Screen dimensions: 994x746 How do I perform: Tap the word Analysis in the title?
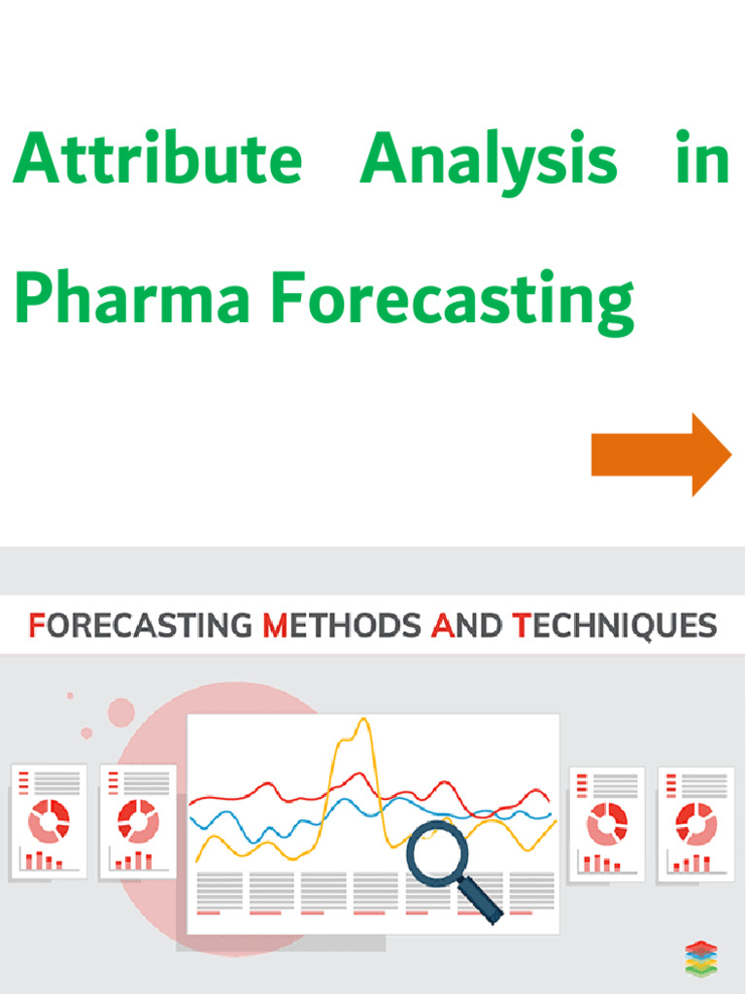(x=488, y=161)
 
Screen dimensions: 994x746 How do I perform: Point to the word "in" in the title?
(x=701, y=159)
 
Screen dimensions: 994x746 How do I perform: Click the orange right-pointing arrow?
(x=661, y=454)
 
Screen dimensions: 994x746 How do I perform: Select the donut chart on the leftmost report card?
(x=49, y=821)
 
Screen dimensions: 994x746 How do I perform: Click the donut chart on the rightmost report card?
(x=695, y=823)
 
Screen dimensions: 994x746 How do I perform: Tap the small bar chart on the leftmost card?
(x=44, y=860)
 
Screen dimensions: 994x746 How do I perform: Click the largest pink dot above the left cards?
(x=121, y=712)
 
